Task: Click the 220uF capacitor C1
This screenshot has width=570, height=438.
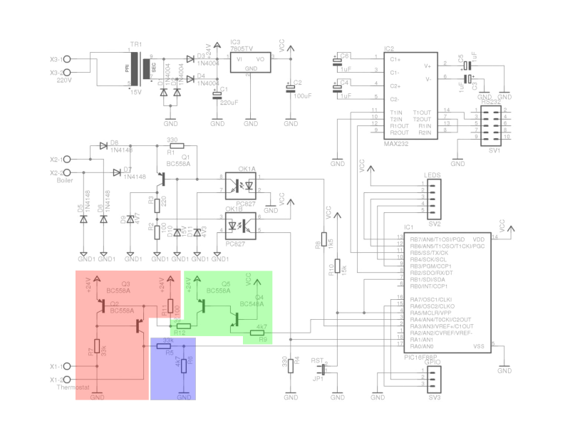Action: (217, 93)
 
